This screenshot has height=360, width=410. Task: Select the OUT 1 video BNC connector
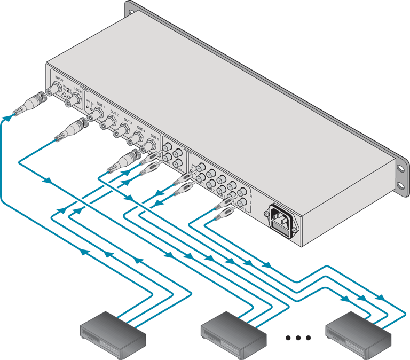point(99,114)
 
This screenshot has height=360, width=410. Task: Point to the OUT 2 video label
point(114,113)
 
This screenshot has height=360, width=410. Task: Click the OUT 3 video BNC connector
point(125,129)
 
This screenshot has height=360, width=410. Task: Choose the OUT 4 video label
point(141,128)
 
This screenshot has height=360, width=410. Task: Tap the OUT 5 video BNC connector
point(152,143)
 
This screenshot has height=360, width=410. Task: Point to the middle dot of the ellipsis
point(299,338)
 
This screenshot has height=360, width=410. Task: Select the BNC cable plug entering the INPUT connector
point(29,105)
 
